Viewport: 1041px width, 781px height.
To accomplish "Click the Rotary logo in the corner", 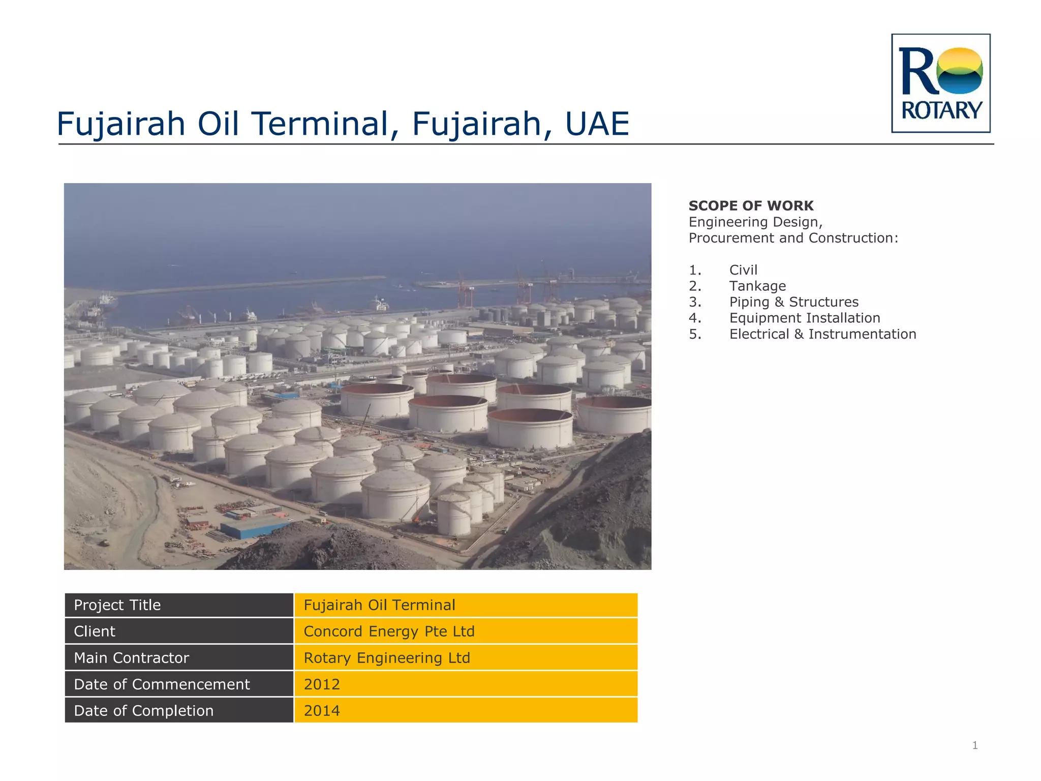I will [x=940, y=83].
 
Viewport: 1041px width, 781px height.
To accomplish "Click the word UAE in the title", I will [x=597, y=124].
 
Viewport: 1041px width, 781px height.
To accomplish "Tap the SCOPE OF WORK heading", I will [x=751, y=206].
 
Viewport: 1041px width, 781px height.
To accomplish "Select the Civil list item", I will [x=743, y=270].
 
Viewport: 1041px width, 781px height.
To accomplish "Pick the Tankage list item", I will [x=757, y=286].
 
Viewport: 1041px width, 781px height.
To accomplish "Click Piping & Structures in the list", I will [x=793, y=302].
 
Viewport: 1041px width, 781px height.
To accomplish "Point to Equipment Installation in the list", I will [x=805, y=318].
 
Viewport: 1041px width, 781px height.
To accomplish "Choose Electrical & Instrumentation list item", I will [x=822, y=334].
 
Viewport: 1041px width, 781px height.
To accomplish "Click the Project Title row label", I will [x=117, y=605].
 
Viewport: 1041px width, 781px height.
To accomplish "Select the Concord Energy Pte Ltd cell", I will [x=389, y=632].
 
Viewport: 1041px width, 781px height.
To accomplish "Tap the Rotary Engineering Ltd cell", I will [x=387, y=658].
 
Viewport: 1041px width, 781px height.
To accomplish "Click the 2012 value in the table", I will [x=322, y=684].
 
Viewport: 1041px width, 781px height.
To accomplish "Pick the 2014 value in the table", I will [x=322, y=711].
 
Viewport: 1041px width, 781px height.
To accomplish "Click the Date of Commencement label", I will [x=162, y=684].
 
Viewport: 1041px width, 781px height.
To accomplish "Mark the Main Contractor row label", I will [x=131, y=658].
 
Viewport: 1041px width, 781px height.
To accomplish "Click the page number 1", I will [x=975, y=745].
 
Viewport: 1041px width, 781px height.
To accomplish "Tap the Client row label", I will [x=95, y=632].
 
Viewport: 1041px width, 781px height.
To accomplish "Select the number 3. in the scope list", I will [x=695, y=302].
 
